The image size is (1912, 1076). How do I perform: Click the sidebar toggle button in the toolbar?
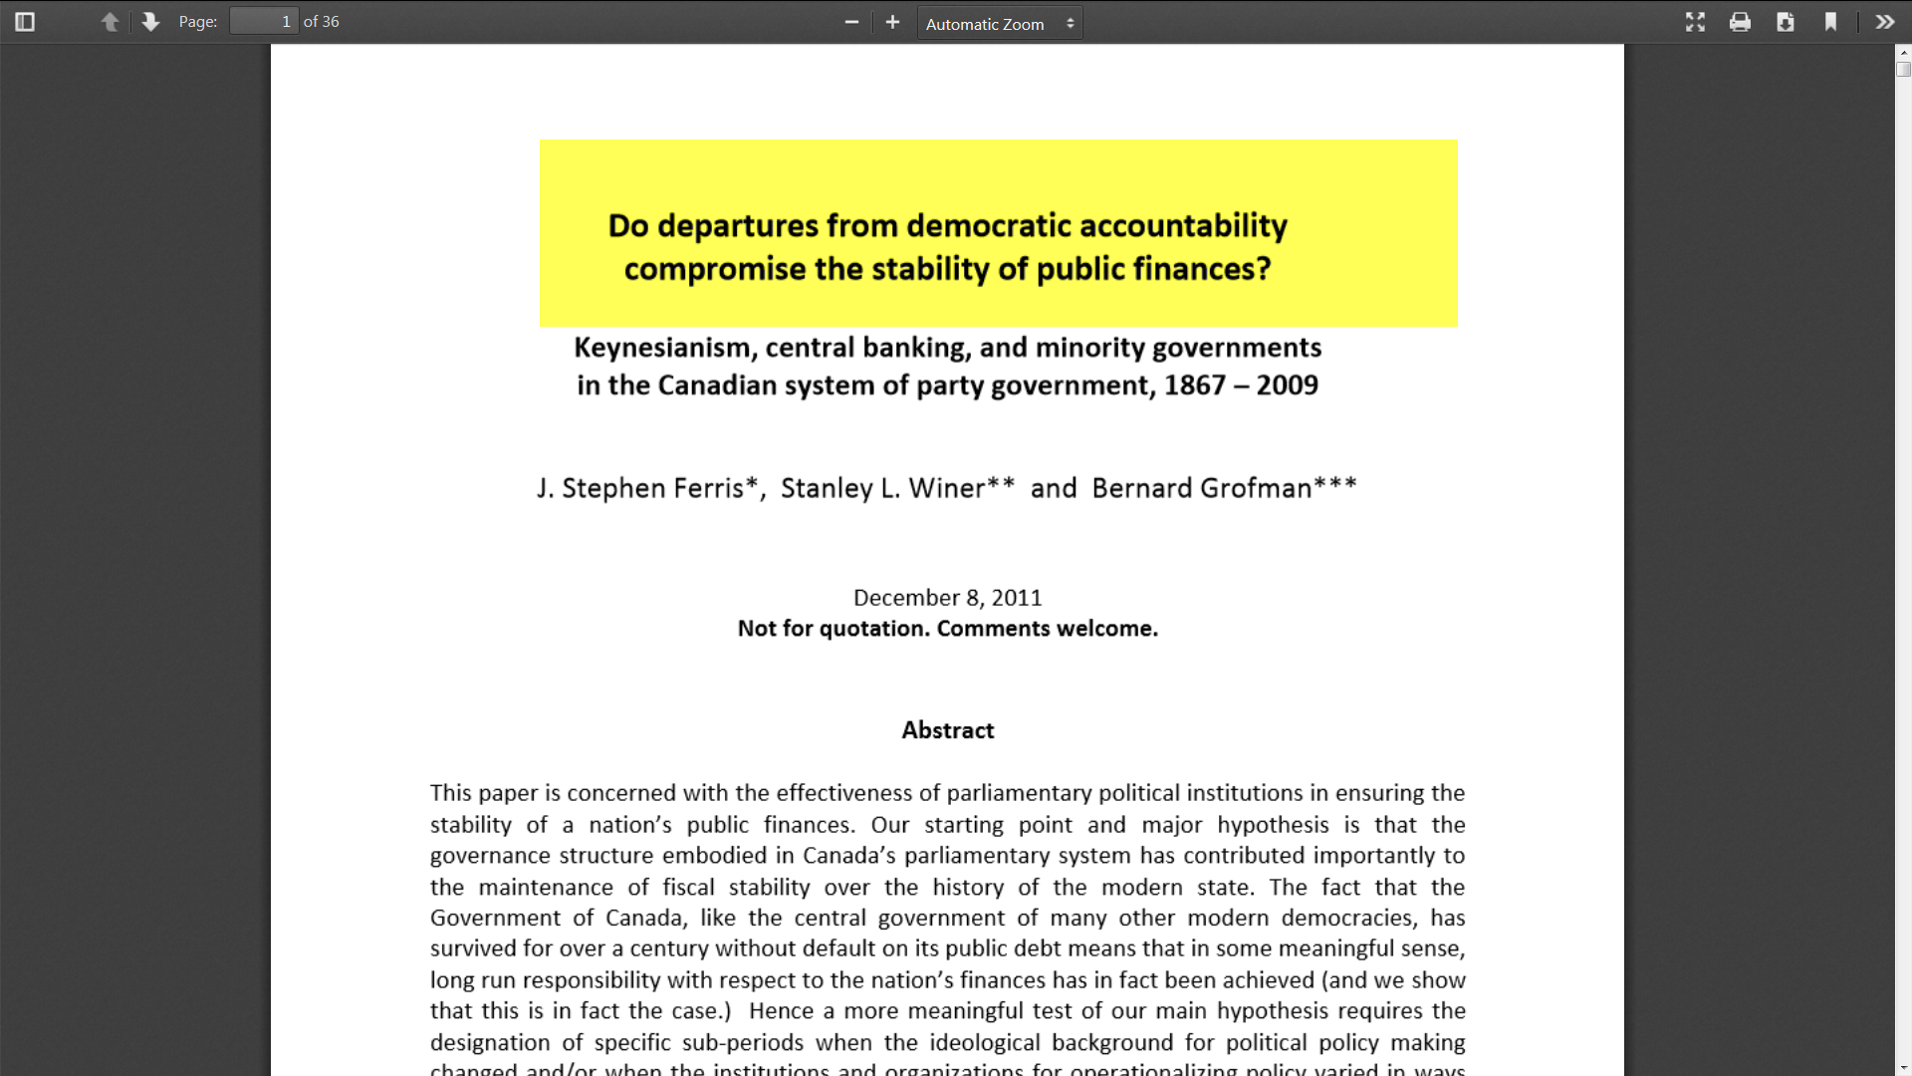point(25,22)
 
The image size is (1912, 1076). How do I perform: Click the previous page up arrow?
point(110,22)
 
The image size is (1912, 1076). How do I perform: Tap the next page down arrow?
point(150,22)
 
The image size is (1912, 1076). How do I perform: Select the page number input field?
point(264,22)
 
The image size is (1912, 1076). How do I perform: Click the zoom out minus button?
point(851,22)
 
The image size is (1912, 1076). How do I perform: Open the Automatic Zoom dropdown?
point(999,23)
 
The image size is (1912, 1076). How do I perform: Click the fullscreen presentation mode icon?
point(1695,22)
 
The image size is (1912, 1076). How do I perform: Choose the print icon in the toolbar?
point(1740,22)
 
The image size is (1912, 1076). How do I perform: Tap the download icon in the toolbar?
point(1786,22)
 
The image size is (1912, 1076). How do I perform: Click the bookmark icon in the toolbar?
point(1830,22)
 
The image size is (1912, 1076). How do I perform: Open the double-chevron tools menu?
point(1884,22)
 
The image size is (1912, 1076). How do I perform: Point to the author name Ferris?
point(712,488)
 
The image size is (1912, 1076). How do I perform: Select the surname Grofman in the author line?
point(1256,488)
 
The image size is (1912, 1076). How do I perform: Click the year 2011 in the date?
point(1017,598)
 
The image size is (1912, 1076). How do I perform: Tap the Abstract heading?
point(948,730)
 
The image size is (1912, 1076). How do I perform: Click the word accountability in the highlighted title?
point(1183,226)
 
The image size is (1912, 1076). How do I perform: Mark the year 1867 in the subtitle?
point(1195,386)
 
